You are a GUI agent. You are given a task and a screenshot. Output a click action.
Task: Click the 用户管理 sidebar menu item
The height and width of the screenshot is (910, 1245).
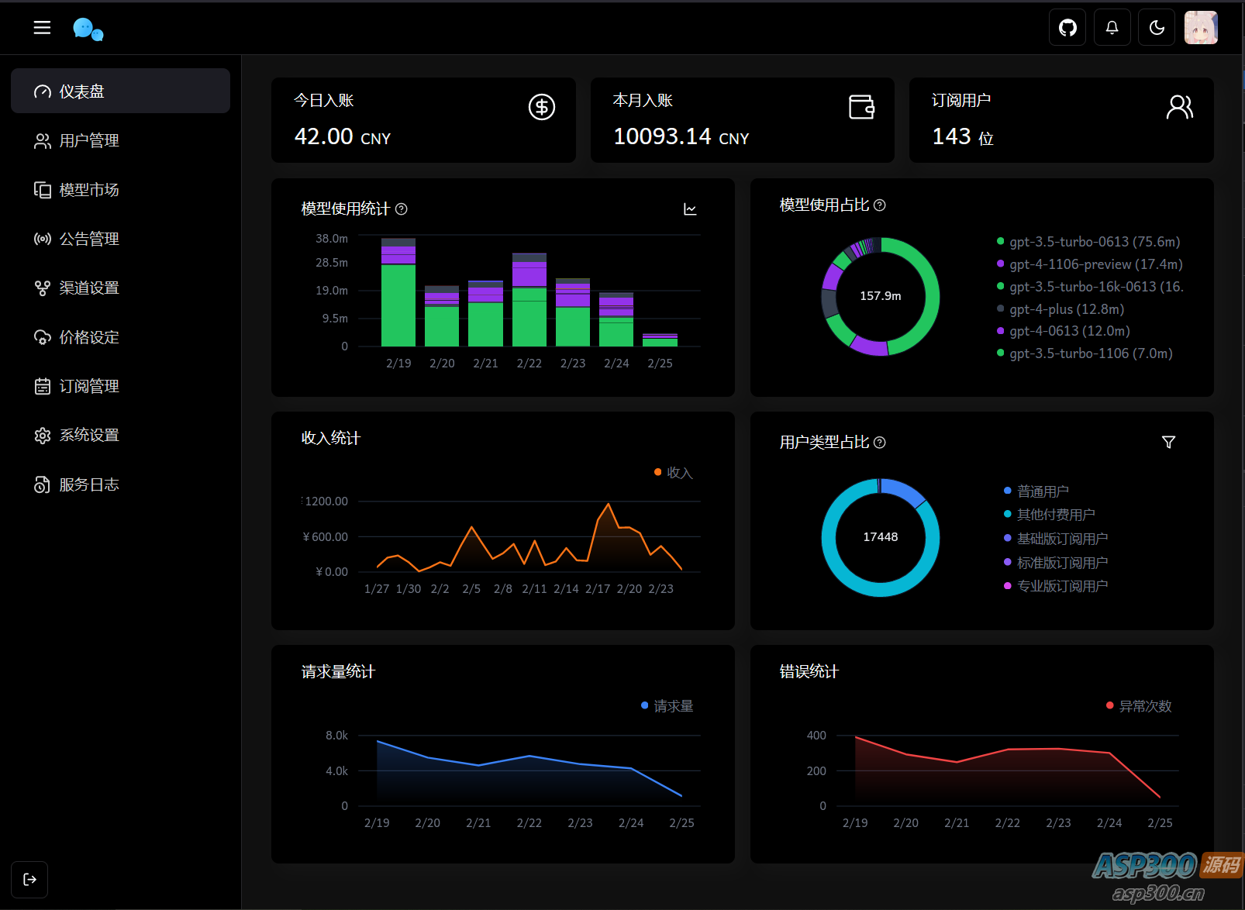coord(88,140)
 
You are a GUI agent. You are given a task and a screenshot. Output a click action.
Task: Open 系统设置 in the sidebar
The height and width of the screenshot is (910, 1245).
coord(88,435)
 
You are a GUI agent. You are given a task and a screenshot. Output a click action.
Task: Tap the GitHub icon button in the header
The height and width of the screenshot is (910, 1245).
coord(1067,28)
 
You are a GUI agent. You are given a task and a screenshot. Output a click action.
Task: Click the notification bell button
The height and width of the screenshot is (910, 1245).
coord(1112,28)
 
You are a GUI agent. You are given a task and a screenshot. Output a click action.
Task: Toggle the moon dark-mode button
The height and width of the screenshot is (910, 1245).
coord(1157,28)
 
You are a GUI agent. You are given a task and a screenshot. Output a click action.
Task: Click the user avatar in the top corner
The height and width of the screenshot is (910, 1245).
coord(1201,28)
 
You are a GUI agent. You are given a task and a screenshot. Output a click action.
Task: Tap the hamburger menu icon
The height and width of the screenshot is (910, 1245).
coord(42,28)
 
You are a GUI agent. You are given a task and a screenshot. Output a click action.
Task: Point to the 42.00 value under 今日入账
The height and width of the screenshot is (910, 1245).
coord(324,136)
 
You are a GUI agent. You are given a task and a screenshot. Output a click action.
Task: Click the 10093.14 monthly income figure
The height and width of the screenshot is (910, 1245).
coord(662,136)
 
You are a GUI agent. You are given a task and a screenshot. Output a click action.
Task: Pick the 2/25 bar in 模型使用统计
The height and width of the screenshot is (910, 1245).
coord(660,341)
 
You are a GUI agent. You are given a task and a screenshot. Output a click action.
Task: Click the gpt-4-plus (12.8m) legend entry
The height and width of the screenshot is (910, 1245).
coord(1066,309)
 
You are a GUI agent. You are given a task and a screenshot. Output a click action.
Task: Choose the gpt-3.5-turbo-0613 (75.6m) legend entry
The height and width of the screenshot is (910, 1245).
coord(1094,242)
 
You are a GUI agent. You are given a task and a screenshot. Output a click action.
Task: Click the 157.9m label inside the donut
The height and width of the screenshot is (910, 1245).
coord(881,296)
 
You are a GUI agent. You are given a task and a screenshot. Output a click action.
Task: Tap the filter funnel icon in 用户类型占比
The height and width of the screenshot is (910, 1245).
coord(1168,442)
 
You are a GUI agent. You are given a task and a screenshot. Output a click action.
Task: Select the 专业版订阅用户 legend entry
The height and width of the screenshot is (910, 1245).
coord(1061,586)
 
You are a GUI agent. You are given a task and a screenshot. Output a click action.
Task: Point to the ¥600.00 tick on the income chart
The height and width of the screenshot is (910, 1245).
coord(326,536)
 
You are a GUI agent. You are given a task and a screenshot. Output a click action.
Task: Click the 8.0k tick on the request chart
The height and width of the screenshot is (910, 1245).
coord(336,735)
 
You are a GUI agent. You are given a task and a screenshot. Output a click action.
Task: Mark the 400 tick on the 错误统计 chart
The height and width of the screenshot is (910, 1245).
coord(816,735)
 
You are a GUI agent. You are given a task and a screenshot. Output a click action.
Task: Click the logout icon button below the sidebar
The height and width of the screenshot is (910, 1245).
coord(29,879)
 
